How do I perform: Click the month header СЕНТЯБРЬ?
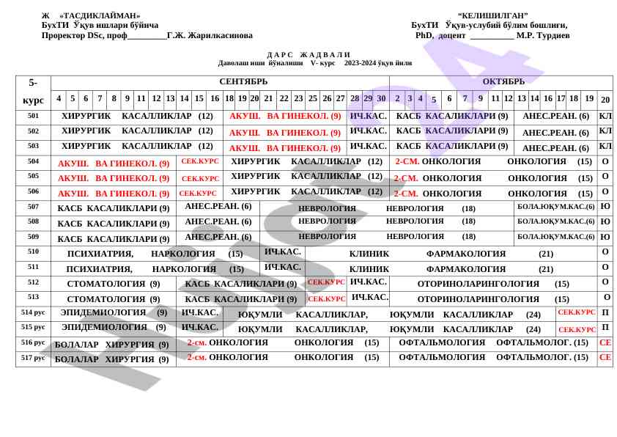click(243, 82)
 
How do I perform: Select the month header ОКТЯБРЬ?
click(503, 82)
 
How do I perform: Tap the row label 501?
click(33, 116)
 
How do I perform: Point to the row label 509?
click(33, 237)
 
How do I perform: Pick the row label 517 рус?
click(33, 358)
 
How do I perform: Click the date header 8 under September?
click(114, 99)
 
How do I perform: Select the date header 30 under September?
click(381, 99)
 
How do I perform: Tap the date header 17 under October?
click(561, 99)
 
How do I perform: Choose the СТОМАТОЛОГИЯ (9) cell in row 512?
click(114, 284)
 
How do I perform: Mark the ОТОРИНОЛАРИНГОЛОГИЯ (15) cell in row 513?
click(492, 299)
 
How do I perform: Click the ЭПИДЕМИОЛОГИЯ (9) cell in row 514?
click(114, 313)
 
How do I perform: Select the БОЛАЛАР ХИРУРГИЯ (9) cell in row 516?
click(111, 345)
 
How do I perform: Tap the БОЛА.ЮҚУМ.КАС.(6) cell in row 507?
click(555, 207)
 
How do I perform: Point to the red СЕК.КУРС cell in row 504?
click(199, 161)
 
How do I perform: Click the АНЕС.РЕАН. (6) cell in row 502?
click(555, 133)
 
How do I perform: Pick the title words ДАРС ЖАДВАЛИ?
click(308, 55)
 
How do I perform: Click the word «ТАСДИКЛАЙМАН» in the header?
click(100, 15)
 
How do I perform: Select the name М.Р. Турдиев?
click(542, 35)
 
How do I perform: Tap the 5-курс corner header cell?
click(33, 92)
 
